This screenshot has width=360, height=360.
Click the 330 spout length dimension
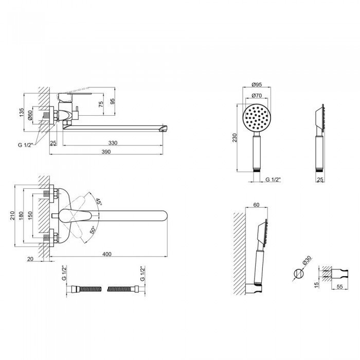113,143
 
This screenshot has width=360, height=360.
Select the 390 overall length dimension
106,152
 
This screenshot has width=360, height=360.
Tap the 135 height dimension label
22,113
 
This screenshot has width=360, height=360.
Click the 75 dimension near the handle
101,104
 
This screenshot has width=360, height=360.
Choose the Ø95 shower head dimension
257,84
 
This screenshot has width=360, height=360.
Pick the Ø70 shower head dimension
257,95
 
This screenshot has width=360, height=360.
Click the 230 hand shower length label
235,138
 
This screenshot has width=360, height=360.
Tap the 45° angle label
99,202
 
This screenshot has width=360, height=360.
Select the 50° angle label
92,230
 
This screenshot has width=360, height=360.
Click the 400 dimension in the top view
107,254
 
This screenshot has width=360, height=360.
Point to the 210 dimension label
12,215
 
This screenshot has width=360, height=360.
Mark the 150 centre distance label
30,215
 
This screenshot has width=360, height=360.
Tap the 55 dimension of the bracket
339,287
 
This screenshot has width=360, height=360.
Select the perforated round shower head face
257,118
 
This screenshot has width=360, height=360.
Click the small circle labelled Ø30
298,274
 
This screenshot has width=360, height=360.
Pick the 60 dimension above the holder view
256,205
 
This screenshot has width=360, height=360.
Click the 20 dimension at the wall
30,259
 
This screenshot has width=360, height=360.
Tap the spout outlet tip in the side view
165,129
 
